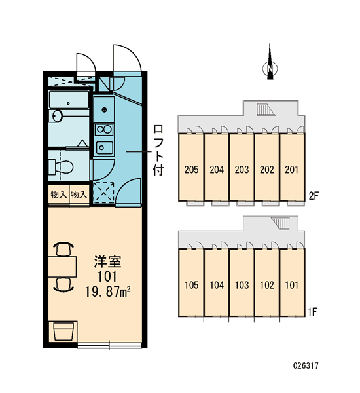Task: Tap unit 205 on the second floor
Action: pyautogui.click(x=191, y=167)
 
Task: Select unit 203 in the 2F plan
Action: pyautogui.click(x=242, y=167)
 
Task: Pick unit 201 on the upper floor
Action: pyautogui.click(x=292, y=167)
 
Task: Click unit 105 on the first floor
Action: pyautogui.click(x=191, y=282)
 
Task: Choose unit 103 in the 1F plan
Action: pyautogui.click(x=242, y=282)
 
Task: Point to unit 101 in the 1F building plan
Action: pyautogui.click(x=292, y=282)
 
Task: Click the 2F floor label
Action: pyautogui.click(x=314, y=195)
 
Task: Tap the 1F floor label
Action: pyautogui.click(x=313, y=312)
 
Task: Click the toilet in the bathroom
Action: pyautogui.click(x=61, y=166)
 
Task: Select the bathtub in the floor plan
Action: pyautogui.click(x=69, y=100)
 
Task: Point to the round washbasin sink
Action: pyautogui.click(x=57, y=116)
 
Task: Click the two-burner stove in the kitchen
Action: pyautogui.click(x=104, y=129)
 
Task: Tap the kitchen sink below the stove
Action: pyautogui.click(x=104, y=147)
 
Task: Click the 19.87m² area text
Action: pyautogui.click(x=107, y=291)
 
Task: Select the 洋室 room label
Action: pyautogui.click(x=107, y=261)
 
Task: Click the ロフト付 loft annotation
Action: pyautogui.click(x=158, y=150)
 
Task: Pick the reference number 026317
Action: pyautogui.click(x=306, y=365)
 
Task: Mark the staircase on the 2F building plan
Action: pyautogui.click(x=265, y=109)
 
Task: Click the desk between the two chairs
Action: pyautogui.click(x=62, y=267)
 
